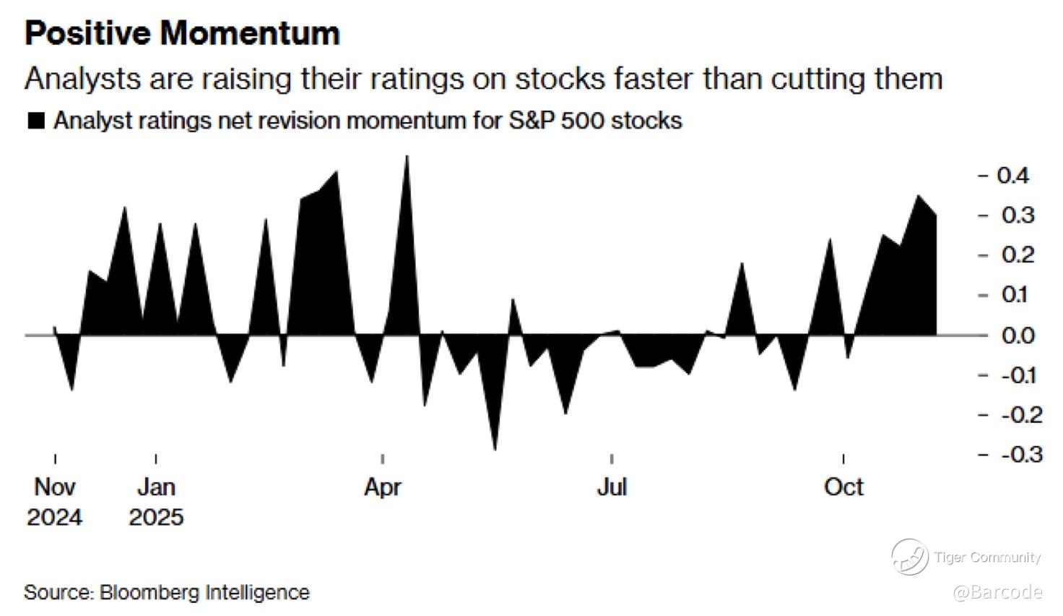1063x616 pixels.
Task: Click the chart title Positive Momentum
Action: coord(182,34)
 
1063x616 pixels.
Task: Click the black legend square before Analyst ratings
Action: coord(35,121)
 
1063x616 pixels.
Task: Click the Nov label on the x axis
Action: coord(55,487)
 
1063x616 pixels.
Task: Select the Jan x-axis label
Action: coord(156,487)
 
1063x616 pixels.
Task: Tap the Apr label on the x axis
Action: coord(382,487)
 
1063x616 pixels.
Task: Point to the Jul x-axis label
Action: coord(611,487)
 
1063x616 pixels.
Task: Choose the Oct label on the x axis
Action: coord(843,487)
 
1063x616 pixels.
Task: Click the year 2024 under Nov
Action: coord(55,518)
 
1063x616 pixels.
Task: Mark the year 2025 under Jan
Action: coord(156,518)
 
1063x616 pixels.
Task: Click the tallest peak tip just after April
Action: coord(407,157)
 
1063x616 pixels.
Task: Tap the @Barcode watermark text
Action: coord(997,592)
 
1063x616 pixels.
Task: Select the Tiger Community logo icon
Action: coord(909,557)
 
